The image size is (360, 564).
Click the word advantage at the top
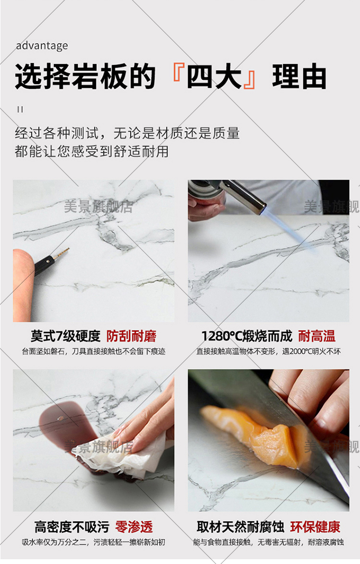point(42,46)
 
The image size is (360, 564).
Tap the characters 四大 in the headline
point(214,76)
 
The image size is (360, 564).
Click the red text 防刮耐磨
point(131,336)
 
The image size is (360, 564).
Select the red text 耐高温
point(316,336)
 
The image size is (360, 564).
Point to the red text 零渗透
point(134,527)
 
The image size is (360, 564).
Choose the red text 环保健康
point(315,527)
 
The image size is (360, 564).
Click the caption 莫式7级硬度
point(65,336)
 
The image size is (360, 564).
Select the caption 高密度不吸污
point(72,527)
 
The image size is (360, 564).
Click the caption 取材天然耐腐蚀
point(240,527)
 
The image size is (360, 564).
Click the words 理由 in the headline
point(299,76)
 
